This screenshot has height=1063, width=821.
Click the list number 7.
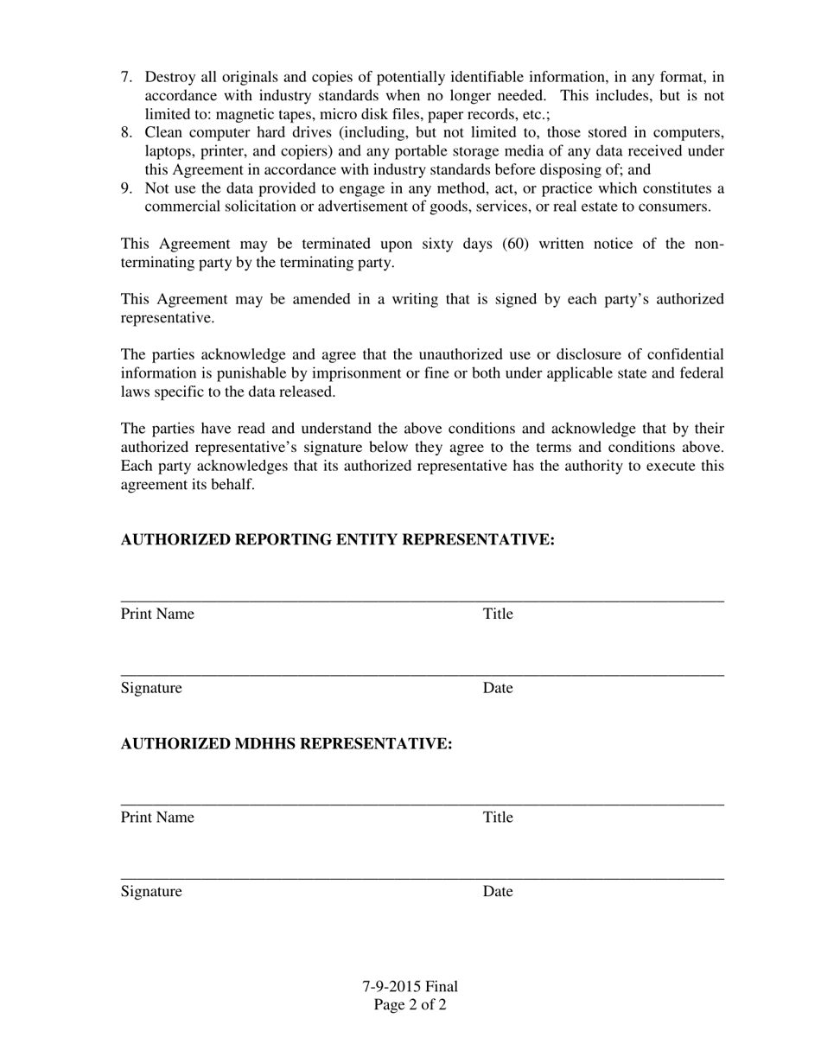[x=126, y=78]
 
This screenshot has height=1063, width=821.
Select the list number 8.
[x=126, y=133]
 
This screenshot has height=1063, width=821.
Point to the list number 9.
[x=126, y=188]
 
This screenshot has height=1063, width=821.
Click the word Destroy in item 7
[x=170, y=78]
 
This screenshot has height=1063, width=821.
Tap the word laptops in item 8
[x=169, y=152]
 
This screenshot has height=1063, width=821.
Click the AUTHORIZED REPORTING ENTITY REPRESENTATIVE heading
[x=337, y=540]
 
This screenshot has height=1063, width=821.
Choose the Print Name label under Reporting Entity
[x=157, y=614]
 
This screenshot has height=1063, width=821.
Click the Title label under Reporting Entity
[x=498, y=614]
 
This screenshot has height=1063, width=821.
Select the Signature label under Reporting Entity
[x=151, y=689]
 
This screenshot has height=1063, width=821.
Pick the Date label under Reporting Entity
[x=498, y=689]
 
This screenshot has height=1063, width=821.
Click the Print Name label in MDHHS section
[x=157, y=818]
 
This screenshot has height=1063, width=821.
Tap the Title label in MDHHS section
[x=498, y=818]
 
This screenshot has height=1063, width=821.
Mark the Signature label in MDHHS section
[x=151, y=892]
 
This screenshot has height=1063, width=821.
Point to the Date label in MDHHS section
[x=498, y=892]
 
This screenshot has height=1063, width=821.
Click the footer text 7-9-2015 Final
[x=410, y=987]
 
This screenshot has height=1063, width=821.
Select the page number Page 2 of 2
[x=410, y=1005]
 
